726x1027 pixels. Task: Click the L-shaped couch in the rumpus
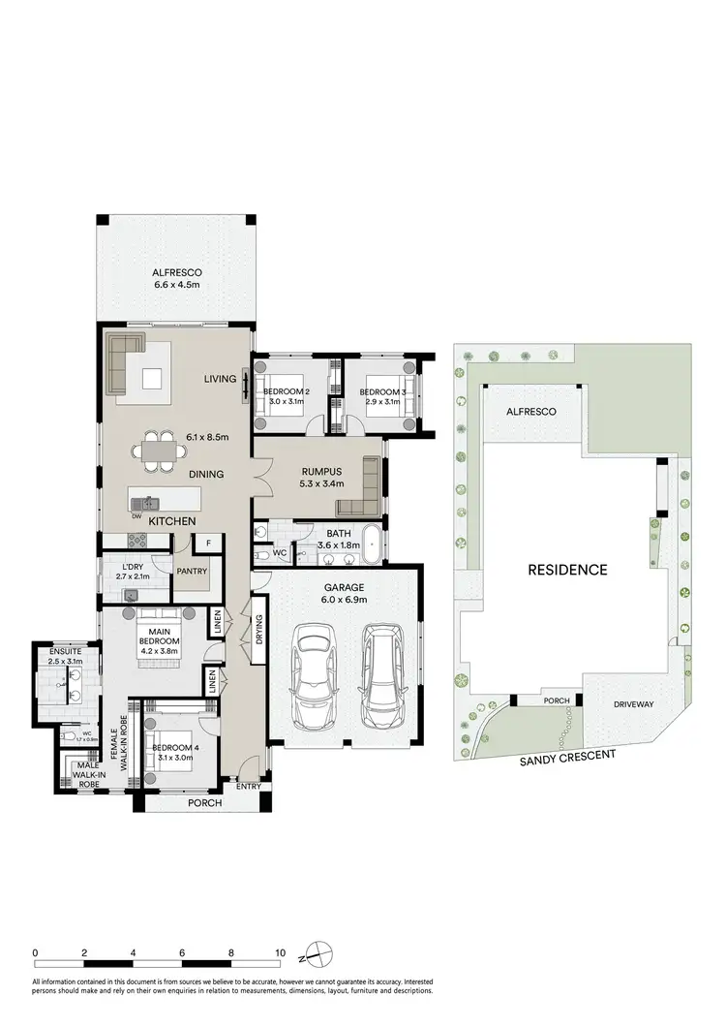click(362, 490)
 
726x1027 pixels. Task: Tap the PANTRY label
click(192, 572)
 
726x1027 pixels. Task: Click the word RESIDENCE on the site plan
click(566, 570)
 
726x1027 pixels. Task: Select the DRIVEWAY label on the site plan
click(635, 706)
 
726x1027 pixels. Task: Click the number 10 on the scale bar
click(280, 953)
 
